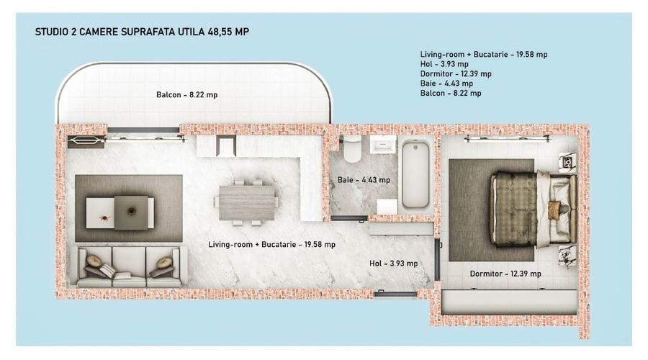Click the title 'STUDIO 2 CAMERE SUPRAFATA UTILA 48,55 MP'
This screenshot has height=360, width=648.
click(x=142, y=32)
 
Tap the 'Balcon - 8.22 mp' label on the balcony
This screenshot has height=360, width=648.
click(x=187, y=94)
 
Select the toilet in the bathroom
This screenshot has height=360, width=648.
click(x=352, y=149)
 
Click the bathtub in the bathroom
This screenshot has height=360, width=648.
click(x=415, y=174)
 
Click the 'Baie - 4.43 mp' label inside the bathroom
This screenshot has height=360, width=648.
click(x=364, y=180)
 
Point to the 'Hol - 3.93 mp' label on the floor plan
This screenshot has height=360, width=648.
click(x=393, y=264)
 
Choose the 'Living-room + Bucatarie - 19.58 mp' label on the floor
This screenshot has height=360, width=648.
click(x=271, y=245)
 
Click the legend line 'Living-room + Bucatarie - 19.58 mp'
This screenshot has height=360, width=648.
click(x=485, y=54)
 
